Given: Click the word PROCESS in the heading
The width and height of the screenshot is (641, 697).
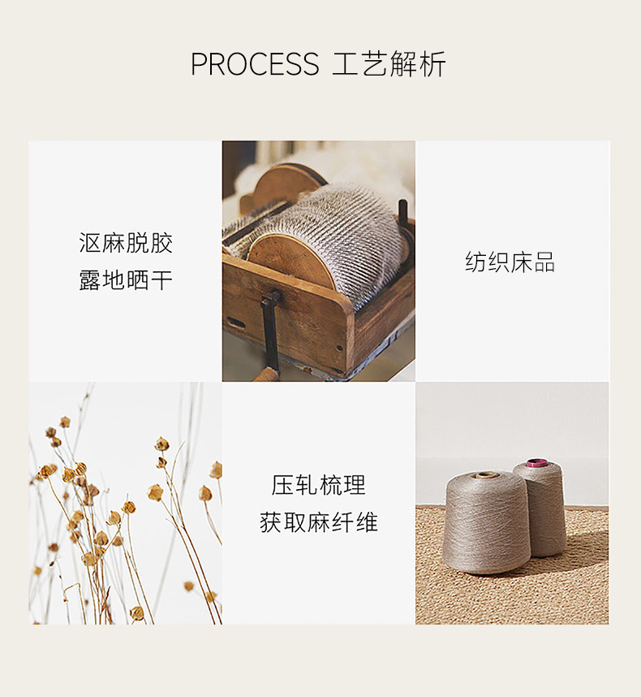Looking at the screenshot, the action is point(255,64).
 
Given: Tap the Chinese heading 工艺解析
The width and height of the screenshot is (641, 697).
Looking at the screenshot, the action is point(389,64).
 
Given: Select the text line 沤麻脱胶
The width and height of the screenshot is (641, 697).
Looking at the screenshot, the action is point(126,243).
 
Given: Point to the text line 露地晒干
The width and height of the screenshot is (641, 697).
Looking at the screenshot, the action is point(126,280).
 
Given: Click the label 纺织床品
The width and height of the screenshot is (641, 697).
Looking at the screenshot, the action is point(510,262).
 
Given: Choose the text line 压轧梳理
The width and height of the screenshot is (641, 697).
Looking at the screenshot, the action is point(318,485).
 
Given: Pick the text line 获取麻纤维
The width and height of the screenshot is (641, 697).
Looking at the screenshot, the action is point(318,522).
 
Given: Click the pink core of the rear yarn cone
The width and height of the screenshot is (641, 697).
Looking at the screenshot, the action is point(536,463).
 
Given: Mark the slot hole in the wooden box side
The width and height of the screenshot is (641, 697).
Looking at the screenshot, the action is point(236,323).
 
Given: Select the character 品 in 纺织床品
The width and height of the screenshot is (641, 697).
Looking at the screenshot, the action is point(544,262).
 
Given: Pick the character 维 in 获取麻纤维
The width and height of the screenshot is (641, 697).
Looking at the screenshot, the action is point(367,522).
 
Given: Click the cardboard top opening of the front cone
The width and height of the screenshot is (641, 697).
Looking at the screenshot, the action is point(486,475).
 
